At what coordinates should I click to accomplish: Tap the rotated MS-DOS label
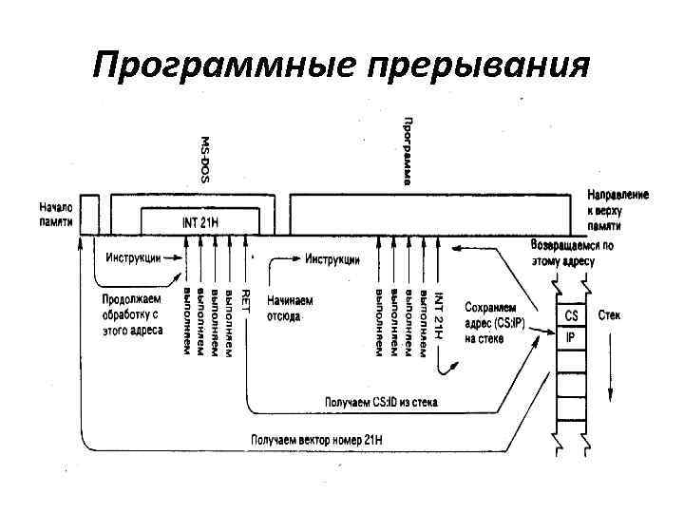coord(204,158)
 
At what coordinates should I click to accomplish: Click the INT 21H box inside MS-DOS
coord(200,222)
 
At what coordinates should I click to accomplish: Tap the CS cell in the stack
coord(571,315)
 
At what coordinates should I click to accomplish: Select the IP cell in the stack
coord(571,336)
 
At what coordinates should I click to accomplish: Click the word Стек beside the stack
coord(609,314)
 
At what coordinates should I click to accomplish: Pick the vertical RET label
coord(245,302)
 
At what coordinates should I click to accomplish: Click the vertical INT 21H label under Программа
coord(438,313)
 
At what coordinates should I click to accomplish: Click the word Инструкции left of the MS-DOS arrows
coord(132,256)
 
